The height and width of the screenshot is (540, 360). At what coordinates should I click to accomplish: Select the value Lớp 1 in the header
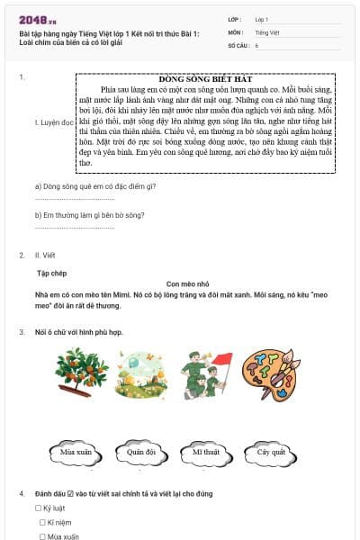click(x=262, y=18)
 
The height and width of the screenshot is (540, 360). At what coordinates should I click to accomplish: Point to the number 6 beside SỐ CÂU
click(x=256, y=44)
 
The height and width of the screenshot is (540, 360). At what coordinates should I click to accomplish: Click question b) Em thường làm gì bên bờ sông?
click(x=90, y=215)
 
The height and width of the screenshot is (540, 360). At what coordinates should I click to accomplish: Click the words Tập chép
click(x=52, y=271)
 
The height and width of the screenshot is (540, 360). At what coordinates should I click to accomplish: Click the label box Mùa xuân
click(x=77, y=452)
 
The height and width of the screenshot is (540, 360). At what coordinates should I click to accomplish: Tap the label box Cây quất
click(x=271, y=452)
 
